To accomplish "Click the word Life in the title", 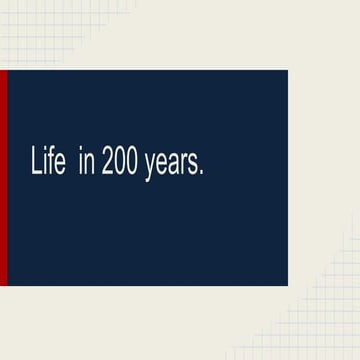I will (x=48, y=164).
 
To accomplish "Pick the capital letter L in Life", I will (x=36, y=164).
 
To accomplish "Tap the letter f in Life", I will (x=50, y=164).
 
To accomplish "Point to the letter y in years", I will (x=150, y=169).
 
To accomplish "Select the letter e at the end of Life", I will (x=59, y=167).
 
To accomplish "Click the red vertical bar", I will (x=3, y=178).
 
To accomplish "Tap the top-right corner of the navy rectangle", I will (x=287, y=71).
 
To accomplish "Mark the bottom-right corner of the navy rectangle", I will (x=287, y=285).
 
